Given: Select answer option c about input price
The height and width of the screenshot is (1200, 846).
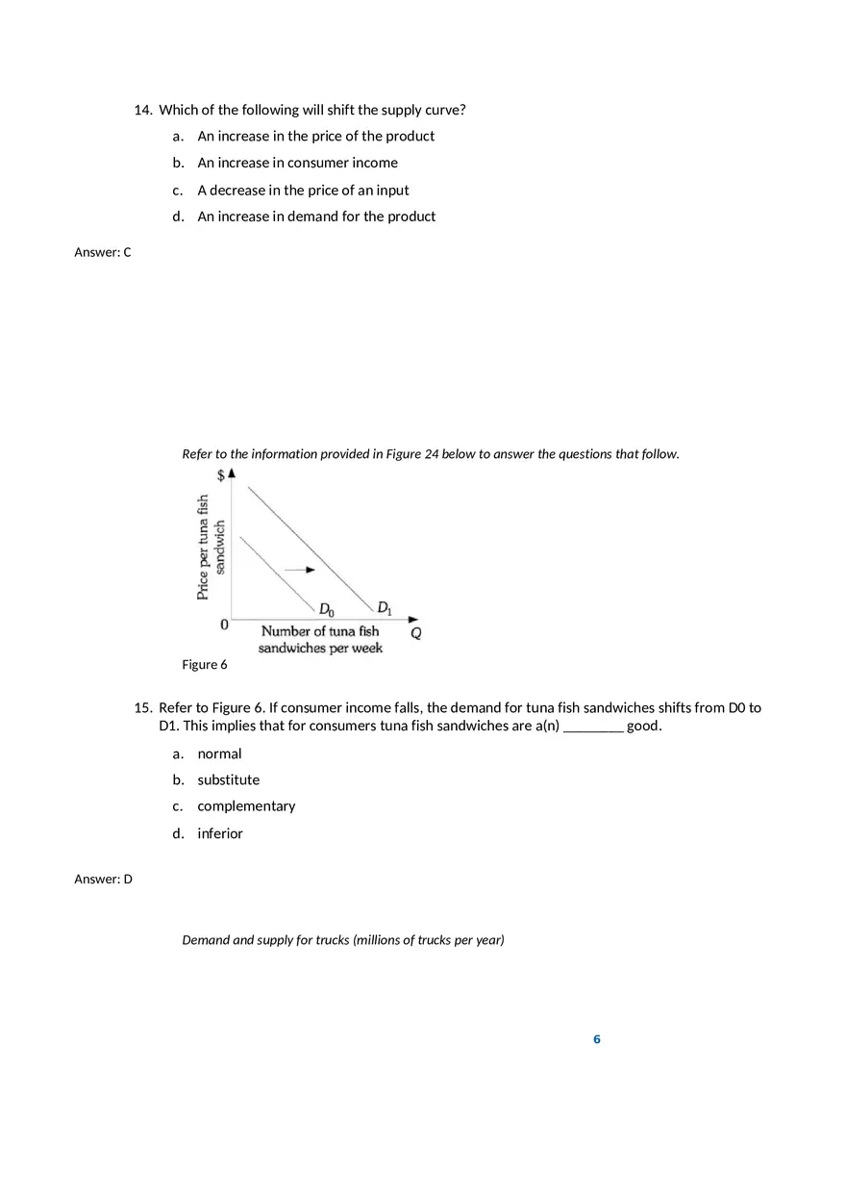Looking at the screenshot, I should [303, 190].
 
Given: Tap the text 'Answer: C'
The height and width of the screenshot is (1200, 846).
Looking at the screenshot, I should [103, 252].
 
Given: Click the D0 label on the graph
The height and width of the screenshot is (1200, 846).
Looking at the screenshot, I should [327, 609].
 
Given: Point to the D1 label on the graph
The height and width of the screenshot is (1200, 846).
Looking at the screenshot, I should [385, 607].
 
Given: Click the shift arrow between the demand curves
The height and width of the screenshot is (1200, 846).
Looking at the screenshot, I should [300, 570].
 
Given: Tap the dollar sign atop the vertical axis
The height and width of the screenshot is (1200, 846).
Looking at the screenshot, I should [221, 475].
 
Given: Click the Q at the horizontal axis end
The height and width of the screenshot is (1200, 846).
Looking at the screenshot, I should [416, 634].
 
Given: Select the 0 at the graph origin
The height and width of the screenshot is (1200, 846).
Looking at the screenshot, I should [224, 625].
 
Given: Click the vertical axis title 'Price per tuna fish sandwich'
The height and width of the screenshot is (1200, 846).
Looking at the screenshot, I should [211, 547].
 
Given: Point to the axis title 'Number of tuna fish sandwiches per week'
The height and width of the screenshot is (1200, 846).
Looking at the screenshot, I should [320, 640].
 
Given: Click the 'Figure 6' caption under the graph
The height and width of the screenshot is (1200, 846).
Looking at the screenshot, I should [205, 665].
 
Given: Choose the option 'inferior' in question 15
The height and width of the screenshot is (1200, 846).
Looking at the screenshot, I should [220, 833].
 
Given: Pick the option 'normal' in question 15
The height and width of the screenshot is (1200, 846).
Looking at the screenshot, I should [219, 753].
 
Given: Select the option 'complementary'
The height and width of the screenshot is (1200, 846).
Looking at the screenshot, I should [246, 806].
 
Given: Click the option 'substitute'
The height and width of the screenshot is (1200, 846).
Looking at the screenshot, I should [229, 779].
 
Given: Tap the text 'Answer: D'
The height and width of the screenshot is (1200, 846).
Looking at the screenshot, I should [103, 879].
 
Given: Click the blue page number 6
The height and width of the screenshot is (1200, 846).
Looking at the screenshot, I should [597, 1039].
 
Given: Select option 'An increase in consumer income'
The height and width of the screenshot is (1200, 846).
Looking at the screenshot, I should [297, 163].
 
